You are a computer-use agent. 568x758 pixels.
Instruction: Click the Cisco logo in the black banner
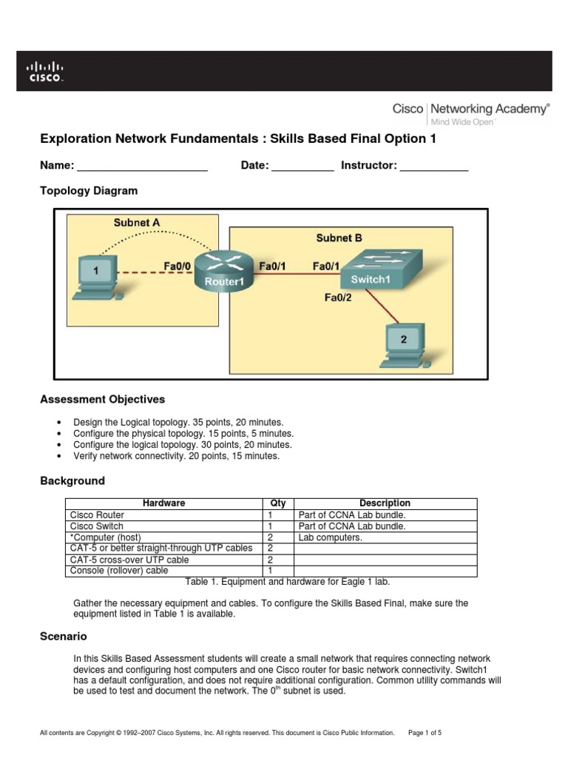click(x=45, y=72)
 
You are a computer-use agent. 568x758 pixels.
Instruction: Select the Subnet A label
click(x=136, y=222)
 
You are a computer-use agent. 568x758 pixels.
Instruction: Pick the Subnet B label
click(x=339, y=238)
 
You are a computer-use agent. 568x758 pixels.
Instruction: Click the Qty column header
click(x=278, y=503)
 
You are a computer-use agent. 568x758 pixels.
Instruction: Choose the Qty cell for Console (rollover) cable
click(x=278, y=571)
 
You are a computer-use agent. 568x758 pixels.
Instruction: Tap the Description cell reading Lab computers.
click(x=330, y=537)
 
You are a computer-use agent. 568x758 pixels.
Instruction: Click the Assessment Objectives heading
click(x=102, y=400)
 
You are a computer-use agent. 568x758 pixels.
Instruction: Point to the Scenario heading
click(x=63, y=637)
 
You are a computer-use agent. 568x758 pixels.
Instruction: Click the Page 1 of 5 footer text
click(x=425, y=733)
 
